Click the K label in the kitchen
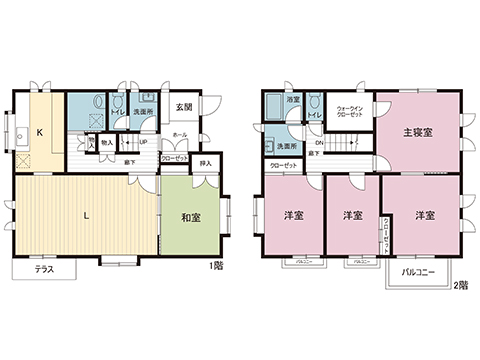(x=40, y=132)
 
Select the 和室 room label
(x=192, y=217)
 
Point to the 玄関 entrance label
(x=184, y=108)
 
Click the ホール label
(x=180, y=133)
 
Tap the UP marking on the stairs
(x=143, y=141)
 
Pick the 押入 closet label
(x=205, y=162)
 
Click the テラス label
(x=44, y=270)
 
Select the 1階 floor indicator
(x=216, y=266)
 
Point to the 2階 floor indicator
(x=459, y=284)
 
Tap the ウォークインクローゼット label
(x=349, y=111)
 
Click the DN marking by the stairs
(x=317, y=143)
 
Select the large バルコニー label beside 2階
(x=416, y=271)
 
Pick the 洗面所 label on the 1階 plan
(x=144, y=112)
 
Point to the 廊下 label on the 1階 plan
(x=131, y=161)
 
